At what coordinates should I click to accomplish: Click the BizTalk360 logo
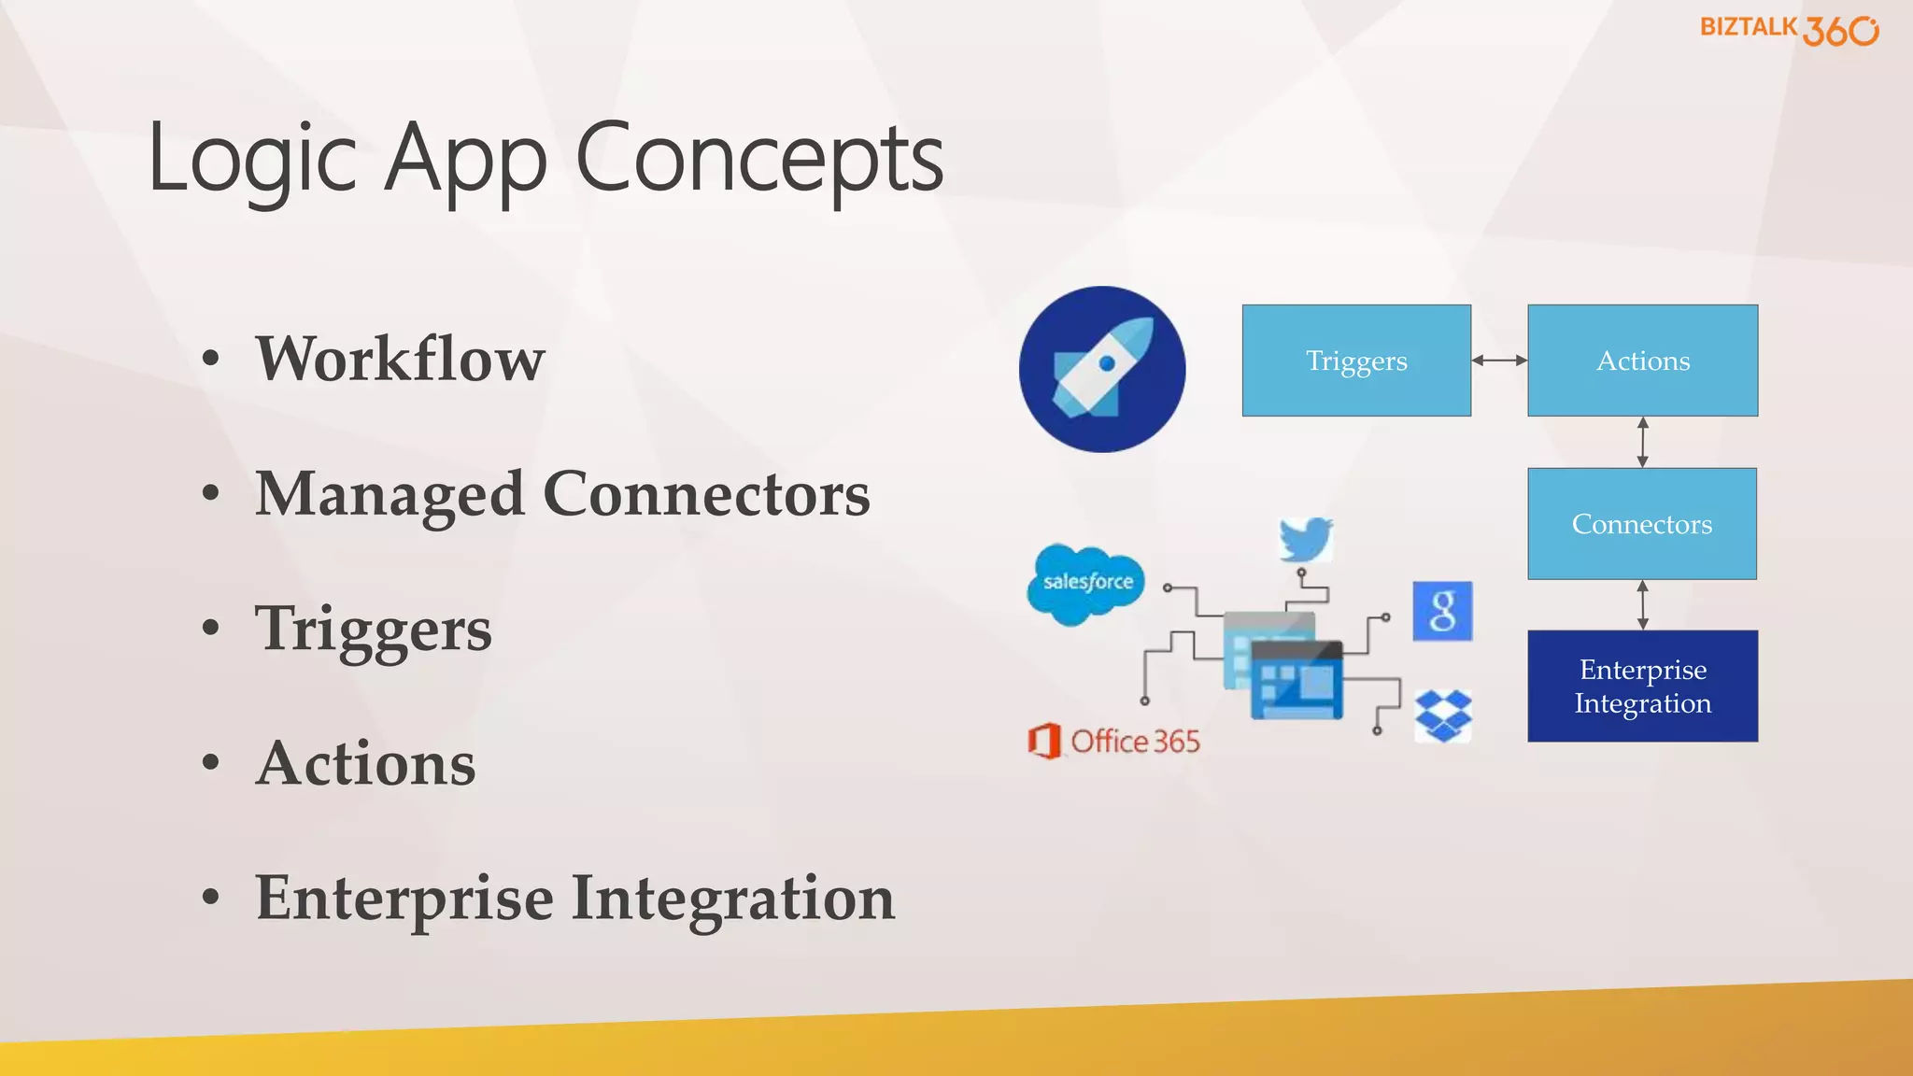pyautogui.click(x=1788, y=30)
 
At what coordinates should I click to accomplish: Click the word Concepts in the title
pyautogui.click(x=758, y=159)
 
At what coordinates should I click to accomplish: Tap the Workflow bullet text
pyautogui.click(x=400, y=359)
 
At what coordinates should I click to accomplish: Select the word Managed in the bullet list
pyautogui.click(x=390, y=495)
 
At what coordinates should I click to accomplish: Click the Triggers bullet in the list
pyautogui.click(x=373, y=630)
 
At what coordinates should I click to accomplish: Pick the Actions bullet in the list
pyautogui.click(x=365, y=764)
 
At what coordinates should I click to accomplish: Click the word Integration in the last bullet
pyautogui.click(x=732, y=899)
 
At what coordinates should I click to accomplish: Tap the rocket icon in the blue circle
pyautogui.click(x=1102, y=370)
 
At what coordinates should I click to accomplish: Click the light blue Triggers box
pyautogui.click(x=1356, y=361)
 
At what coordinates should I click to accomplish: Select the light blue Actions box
pyautogui.click(x=1642, y=361)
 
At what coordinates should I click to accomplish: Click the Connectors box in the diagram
pyautogui.click(x=1642, y=524)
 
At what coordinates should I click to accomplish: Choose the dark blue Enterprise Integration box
pyautogui.click(x=1642, y=687)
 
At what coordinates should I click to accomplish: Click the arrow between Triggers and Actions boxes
pyautogui.click(x=1499, y=361)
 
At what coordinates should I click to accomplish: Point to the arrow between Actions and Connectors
pyautogui.click(x=1643, y=442)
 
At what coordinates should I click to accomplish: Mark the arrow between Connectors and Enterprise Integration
pyautogui.click(x=1643, y=605)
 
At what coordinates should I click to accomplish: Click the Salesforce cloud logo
pyautogui.click(x=1086, y=584)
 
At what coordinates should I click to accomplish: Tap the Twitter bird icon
pyautogui.click(x=1306, y=539)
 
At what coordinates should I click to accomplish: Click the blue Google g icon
pyautogui.click(x=1442, y=612)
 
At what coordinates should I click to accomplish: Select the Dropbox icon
pyautogui.click(x=1443, y=716)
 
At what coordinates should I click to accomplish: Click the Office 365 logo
pyautogui.click(x=1113, y=742)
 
